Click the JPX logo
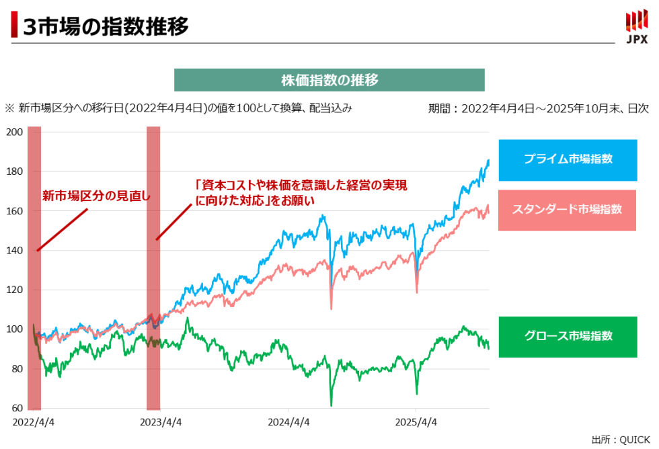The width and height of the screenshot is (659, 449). click(x=636, y=27)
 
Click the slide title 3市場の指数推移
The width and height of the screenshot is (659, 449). click(x=104, y=26)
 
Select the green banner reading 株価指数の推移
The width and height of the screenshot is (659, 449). click(x=329, y=80)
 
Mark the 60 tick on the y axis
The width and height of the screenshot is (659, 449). click(x=17, y=409)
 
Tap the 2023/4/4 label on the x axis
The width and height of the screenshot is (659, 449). click(x=159, y=422)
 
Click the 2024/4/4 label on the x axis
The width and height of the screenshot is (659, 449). click(x=288, y=422)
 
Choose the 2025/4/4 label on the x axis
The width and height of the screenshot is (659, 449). click(x=416, y=422)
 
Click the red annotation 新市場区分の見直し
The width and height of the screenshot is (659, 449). click(x=97, y=196)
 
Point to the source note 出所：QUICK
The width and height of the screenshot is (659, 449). click(x=621, y=439)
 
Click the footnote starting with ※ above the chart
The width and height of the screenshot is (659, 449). click(x=178, y=108)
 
